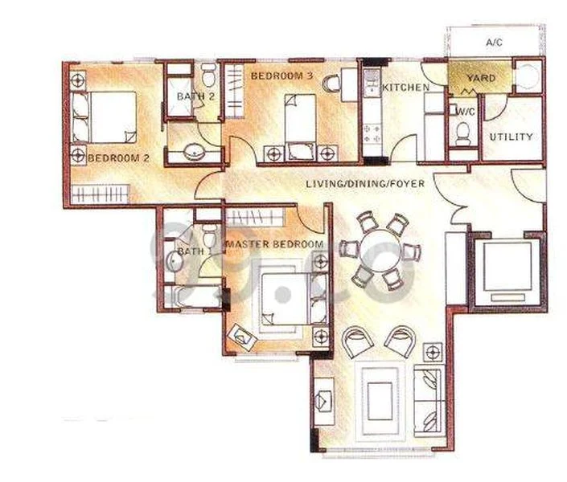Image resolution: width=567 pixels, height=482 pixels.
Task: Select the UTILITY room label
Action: tap(512, 137)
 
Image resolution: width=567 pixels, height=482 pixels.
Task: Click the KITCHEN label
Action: tap(405, 87)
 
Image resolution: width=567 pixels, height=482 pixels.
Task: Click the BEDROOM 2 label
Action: tap(119, 157)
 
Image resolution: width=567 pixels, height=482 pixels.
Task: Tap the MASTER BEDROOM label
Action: tap(274, 243)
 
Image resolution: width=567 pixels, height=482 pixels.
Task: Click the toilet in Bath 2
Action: tap(208, 76)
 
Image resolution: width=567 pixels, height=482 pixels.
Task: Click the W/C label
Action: tap(465, 112)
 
